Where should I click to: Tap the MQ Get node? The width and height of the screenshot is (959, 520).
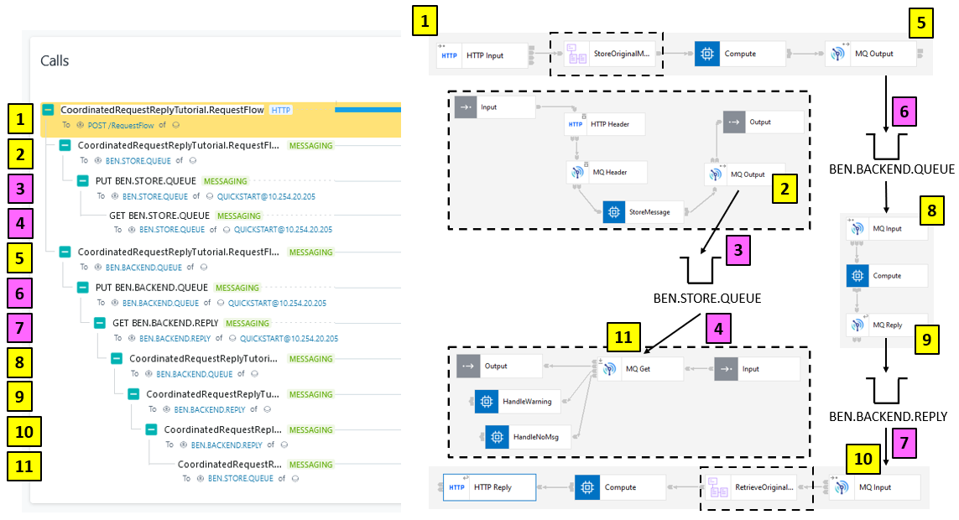coord(638,368)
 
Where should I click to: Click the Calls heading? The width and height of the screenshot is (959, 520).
coord(55,61)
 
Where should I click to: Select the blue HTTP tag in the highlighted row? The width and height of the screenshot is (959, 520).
coord(280,110)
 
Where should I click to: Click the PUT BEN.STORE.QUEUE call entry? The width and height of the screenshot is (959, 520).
coord(146,180)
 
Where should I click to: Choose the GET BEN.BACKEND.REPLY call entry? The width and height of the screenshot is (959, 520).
coord(165,323)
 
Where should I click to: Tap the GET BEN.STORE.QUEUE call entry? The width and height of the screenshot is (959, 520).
coord(159,216)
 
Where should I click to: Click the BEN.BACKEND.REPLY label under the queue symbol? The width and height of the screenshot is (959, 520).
coord(888,417)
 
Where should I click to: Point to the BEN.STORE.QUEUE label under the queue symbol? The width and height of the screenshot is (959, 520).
coord(707,299)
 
